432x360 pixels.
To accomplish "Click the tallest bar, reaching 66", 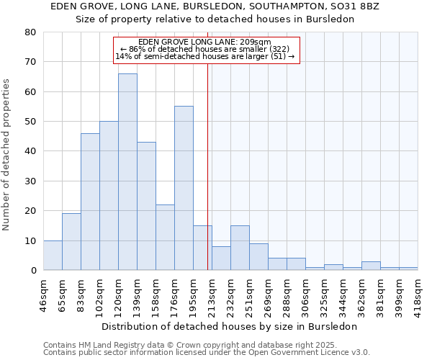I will click(127, 172).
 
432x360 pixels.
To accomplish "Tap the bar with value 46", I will click(90, 202).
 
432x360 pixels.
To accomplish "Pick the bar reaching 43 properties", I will click(146, 206).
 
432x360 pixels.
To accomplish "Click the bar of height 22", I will click(165, 238).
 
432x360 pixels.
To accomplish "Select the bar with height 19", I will click(71, 242).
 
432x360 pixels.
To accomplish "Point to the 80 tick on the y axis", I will click(30, 32).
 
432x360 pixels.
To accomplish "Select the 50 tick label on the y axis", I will click(30, 122).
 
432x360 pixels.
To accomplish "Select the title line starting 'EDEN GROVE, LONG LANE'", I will click(215, 6).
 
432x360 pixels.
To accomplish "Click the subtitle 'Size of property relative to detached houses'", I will click(215, 19).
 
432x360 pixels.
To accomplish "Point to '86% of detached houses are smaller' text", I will click(205, 49).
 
